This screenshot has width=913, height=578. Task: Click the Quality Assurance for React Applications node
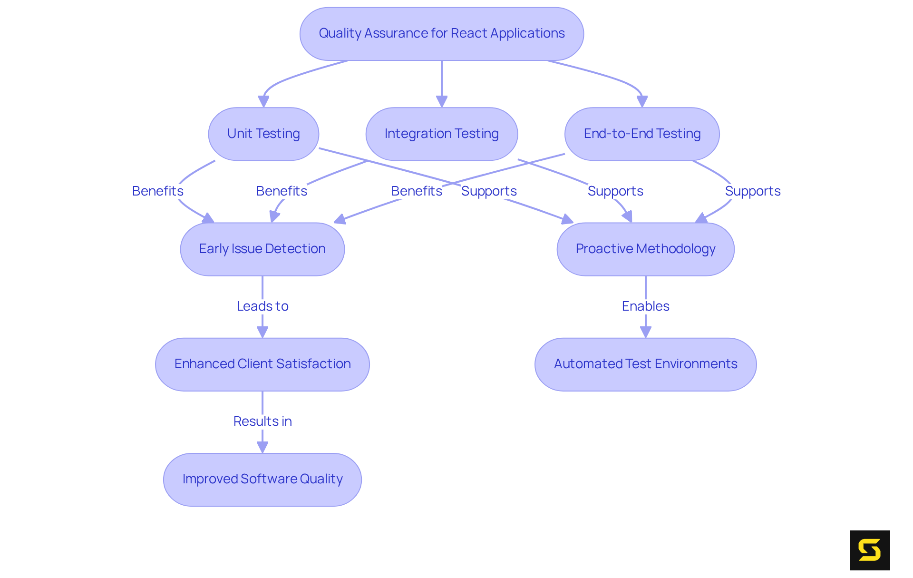[441, 34]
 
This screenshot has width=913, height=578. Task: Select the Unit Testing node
[263, 134]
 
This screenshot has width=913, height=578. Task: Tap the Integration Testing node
[441, 134]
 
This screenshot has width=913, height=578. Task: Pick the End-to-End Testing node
[642, 134]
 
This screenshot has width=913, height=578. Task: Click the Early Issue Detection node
[262, 249]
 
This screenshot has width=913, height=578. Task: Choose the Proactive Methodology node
[645, 249]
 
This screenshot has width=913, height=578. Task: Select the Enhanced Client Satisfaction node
[262, 364]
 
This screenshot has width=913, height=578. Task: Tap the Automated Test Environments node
[645, 364]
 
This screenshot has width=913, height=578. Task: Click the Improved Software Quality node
[262, 479]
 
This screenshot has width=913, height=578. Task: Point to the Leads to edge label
[262, 306]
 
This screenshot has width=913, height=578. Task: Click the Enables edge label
[645, 306]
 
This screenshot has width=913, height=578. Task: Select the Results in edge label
[262, 421]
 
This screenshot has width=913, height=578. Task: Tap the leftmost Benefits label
[157, 191]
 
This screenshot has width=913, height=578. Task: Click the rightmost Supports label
[752, 191]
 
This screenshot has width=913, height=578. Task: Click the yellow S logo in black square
[870, 550]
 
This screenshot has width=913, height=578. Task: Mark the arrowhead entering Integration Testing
[442, 101]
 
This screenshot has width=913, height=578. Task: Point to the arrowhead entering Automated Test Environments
[645, 332]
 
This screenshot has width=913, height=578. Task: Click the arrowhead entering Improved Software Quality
[262, 447]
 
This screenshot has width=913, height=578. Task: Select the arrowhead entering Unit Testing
[263, 101]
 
